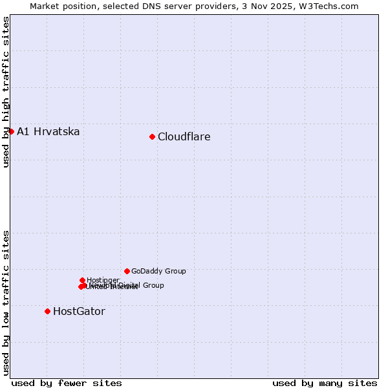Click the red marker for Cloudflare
point(152,136)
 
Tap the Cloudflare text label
point(184,137)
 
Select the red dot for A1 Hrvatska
point(11,131)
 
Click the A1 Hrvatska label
point(48,132)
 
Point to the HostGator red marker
point(47,311)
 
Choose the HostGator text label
point(79,312)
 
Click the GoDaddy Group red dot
point(127,271)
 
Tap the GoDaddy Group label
point(158,272)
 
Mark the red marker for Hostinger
point(82,280)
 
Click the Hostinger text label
point(103,281)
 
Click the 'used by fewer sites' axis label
point(67,383)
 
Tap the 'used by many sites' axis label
point(325,383)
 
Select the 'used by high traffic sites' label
point(6,92)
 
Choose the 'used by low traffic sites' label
point(6,302)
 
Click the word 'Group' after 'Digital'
point(153,285)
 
